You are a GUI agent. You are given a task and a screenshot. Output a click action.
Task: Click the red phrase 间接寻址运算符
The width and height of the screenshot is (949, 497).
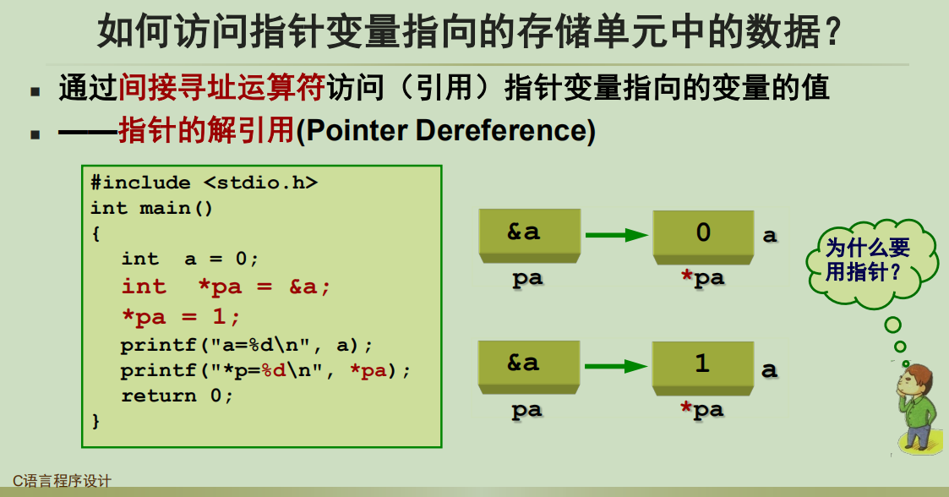pyautogui.click(x=222, y=87)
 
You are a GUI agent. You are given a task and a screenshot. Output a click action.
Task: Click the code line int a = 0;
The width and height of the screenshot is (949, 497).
pyautogui.click(x=189, y=259)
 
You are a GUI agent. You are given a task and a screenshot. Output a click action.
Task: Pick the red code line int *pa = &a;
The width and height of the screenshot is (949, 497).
pyautogui.click(x=225, y=287)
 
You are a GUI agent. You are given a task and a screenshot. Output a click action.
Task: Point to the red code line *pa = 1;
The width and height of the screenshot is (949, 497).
pyautogui.click(x=181, y=317)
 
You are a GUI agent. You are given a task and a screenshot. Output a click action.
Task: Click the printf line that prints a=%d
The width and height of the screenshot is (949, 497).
pyautogui.click(x=247, y=346)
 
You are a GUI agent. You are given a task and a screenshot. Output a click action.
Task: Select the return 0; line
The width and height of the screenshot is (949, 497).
pyautogui.click(x=177, y=396)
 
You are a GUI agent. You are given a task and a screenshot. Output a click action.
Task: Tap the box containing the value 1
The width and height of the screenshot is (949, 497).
pyautogui.click(x=703, y=365)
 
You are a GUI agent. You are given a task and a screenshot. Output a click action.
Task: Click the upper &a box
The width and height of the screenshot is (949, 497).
pyautogui.click(x=528, y=232)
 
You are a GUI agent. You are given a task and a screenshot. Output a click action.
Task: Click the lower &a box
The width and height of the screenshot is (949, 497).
pyautogui.click(x=528, y=363)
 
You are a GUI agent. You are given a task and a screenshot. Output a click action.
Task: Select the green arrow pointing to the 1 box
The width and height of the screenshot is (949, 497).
pyautogui.click(x=616, y=367)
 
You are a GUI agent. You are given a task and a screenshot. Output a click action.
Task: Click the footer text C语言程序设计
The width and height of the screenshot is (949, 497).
pyautogui.click(x=62, y=481)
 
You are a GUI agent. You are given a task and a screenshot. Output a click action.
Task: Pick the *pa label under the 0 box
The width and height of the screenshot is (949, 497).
pyautogui.click(x=703, y=278)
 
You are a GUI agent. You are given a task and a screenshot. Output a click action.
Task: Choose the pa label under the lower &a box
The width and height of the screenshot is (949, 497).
pyautogui.click(x=527, y=411)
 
